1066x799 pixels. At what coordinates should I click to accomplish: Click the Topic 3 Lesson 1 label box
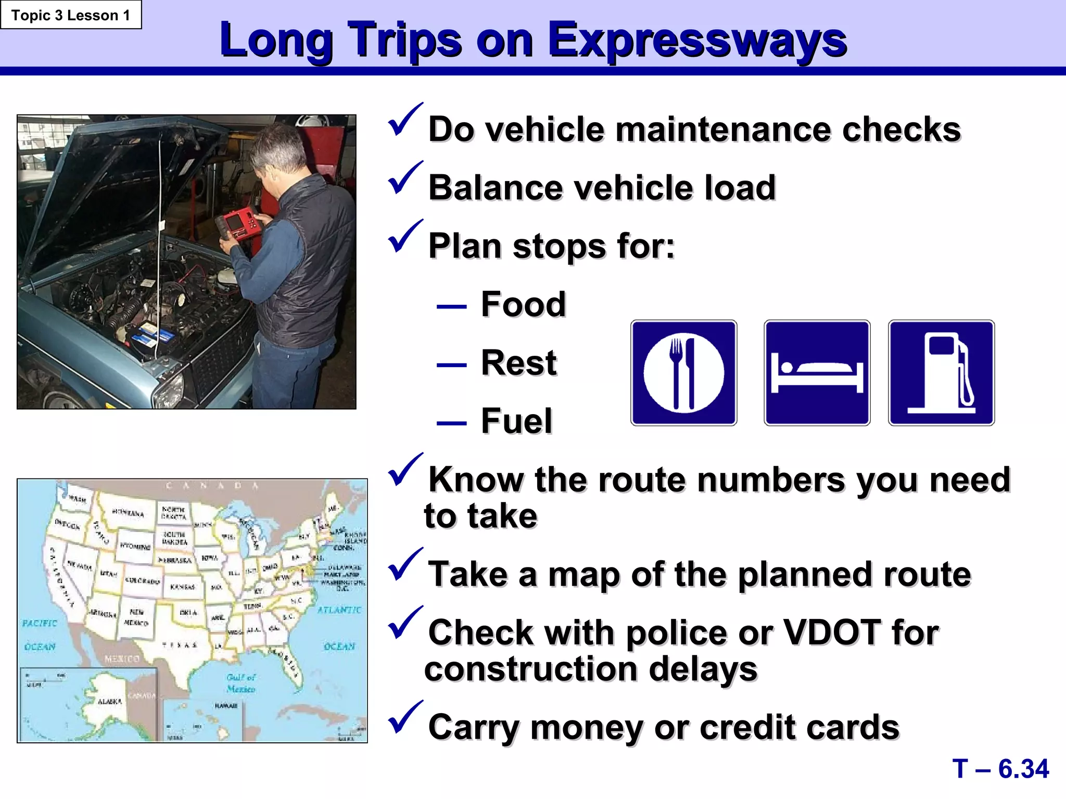pyautogui.click(x=71, y=15)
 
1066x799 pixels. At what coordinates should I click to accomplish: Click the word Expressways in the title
pyautogui.click(x=697, y=41)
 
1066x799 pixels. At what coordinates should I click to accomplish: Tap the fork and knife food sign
pyautogui.click(x=683, y=373)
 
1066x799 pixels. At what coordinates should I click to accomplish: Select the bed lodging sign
pyautogui.click(x=817, y=373)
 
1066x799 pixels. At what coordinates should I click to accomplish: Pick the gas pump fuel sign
pyautogui.click(x=941, y=373)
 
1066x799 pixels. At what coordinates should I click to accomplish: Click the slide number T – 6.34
pyautogui.click(x=1000, y=768)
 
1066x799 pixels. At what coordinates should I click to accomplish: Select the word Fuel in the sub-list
pyautogui.click(x=516, y=421)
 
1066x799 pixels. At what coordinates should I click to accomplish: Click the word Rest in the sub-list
pyautogui.click(x=518, y=363)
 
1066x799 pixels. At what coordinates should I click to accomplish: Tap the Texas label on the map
pyautogui.click(x=180, y=645)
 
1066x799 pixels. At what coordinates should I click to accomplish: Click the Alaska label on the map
pyautogui.click(x=109, y=701)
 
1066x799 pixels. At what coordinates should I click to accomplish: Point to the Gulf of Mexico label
pyautogui.click(x=240, y=683)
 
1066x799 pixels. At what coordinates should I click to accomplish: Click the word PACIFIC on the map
pyautogui.click(x=40, y=623)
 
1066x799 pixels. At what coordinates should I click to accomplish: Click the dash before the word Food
pyautogui.click(x=451, y=306)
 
